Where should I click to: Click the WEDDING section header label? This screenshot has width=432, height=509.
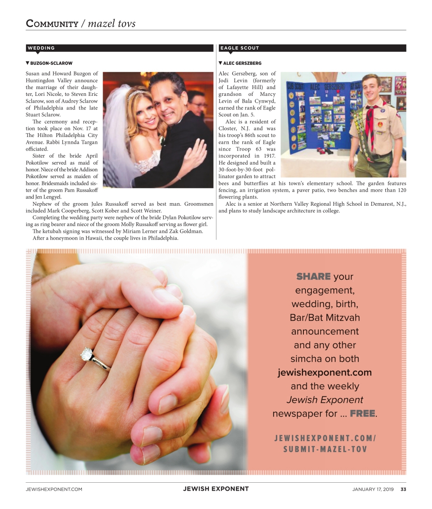pos(41,48)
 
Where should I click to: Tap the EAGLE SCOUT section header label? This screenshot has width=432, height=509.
pos(239,48)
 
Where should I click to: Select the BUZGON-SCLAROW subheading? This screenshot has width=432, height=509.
pos(51,63)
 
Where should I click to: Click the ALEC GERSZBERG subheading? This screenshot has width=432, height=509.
pos(242,63)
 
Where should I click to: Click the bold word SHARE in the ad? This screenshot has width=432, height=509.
pos(313,277)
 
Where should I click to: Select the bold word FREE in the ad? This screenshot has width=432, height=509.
pos(362,413)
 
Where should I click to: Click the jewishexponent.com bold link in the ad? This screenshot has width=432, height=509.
pos(325,372)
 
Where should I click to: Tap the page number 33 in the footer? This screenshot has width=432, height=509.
pos(403,489)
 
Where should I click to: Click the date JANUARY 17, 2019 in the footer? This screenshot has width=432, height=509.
pos(373,489)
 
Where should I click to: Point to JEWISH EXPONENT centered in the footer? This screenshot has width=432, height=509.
pos(216,489)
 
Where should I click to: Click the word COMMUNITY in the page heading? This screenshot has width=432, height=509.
pos(52,23)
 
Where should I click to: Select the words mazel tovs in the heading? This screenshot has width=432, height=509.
pos(111,23)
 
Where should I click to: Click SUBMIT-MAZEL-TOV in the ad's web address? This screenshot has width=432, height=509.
pos(325,449)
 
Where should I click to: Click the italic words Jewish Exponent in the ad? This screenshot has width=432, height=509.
pos(325,400)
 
